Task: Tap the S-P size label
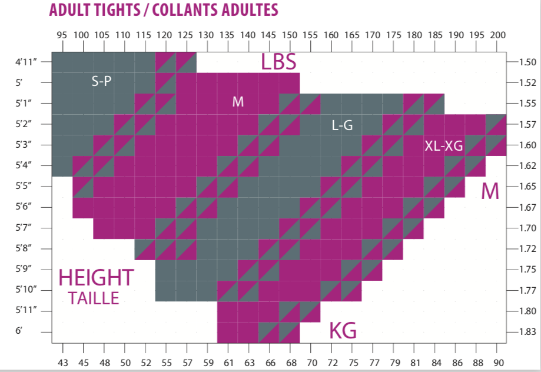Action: click(x=101, y=82)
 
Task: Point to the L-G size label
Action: click(x=341, y=125)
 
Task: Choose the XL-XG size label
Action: click(x=444, y=146)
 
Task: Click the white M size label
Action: click(x=238, y=102)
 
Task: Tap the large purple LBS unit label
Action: click(x=278, y=62)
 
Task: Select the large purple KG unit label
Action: click(x=343, y=331)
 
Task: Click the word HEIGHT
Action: click(x=97, y=278)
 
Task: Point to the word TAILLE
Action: click(x=93, y=298)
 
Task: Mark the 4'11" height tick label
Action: click(x=27, y=62)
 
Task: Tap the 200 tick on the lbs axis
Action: click(x=497, y=35)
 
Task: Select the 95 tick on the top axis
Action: click(x=62, y=35)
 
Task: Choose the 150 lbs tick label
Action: click(x=290, y=35)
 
